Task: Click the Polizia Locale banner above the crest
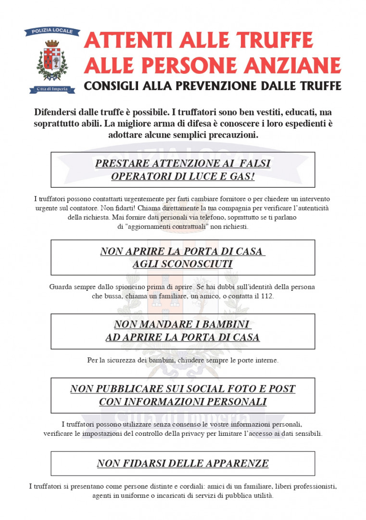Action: pyautogui.click(x=52, y=32)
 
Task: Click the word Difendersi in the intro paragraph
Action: pyautogui.click(x=56, y=112)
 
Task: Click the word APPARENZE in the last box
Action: pyautogui.click(x=238, y=464)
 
